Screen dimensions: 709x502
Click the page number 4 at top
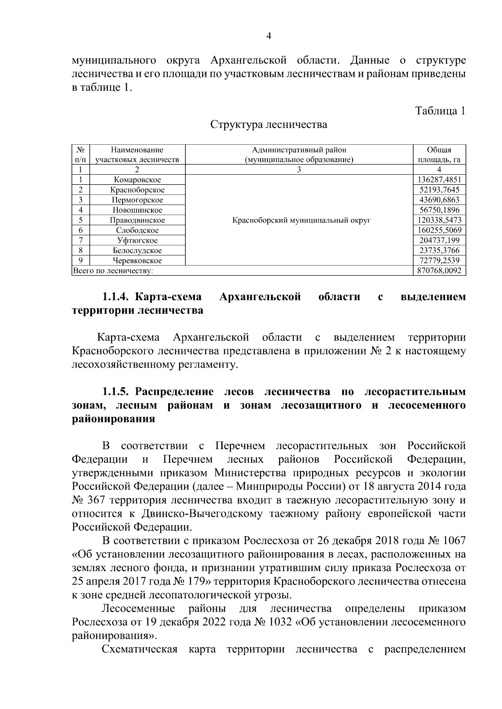269,37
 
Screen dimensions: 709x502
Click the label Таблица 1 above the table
440,111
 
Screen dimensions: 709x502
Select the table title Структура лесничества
269,125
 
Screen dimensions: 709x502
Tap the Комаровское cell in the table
137,180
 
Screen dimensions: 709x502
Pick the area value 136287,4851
439,180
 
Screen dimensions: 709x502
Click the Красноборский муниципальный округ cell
301,220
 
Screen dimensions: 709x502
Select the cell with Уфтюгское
137,240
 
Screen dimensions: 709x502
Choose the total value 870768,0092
439,271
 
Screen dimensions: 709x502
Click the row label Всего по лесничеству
113,271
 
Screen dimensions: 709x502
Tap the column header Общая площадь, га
439,155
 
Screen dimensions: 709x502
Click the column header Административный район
299,150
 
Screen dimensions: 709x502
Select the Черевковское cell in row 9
137,261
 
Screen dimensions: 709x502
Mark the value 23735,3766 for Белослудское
439,251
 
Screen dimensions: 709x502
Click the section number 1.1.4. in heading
118,297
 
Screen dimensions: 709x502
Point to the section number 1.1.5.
118,392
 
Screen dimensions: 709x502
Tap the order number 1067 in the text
453,541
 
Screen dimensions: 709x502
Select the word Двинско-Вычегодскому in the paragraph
202,514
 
